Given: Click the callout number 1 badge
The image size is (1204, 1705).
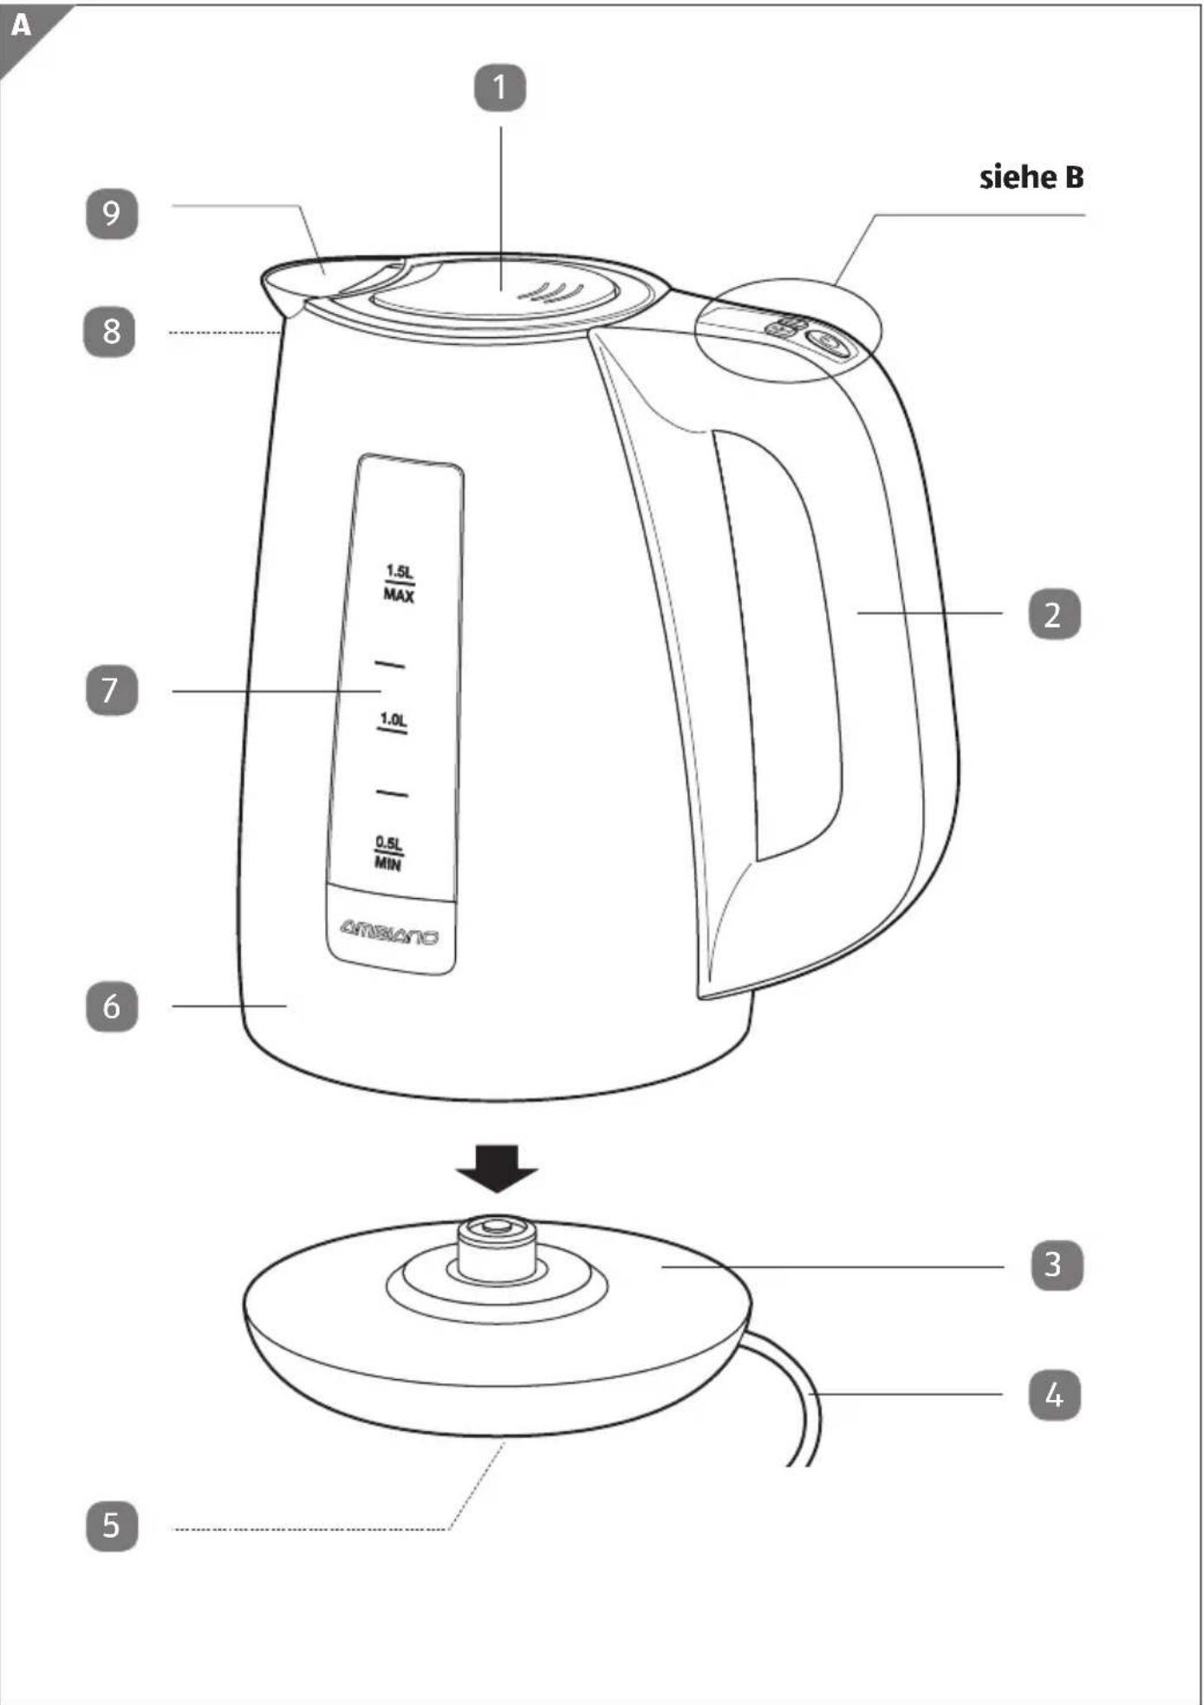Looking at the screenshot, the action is [x=500, y=88].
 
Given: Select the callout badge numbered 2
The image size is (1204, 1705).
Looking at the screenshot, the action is [x=1054, y=614].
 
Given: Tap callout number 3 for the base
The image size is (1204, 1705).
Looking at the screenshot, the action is [x=1057, y=1265].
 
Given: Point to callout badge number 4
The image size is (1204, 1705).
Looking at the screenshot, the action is [x=1054, y=1395].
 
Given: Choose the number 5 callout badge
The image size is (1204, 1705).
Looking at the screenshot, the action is [x=112, y=1526].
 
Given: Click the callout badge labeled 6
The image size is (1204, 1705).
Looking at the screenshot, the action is [x=112, y=1006].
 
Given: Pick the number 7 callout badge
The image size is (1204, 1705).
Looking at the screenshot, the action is [x=112, y=690].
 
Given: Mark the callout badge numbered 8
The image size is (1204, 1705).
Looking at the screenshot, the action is [x=109, y=331].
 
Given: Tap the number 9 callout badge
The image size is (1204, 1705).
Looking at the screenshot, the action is [x=112, y=213].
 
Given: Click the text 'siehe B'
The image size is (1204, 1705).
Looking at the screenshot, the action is [x=1032, y=178].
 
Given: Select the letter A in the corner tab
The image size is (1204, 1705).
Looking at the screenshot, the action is [x=21, y=25].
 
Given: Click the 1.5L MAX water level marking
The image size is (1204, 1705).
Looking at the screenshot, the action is [x=399, y=583].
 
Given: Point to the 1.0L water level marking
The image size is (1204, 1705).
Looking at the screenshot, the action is [x=393, y=722].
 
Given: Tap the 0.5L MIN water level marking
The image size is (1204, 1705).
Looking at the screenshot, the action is [x=388, y=853].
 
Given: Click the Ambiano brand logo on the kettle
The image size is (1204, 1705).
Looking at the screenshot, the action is [x=389, y=932].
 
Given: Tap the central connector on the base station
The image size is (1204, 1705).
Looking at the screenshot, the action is [x=497, y=1248].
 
